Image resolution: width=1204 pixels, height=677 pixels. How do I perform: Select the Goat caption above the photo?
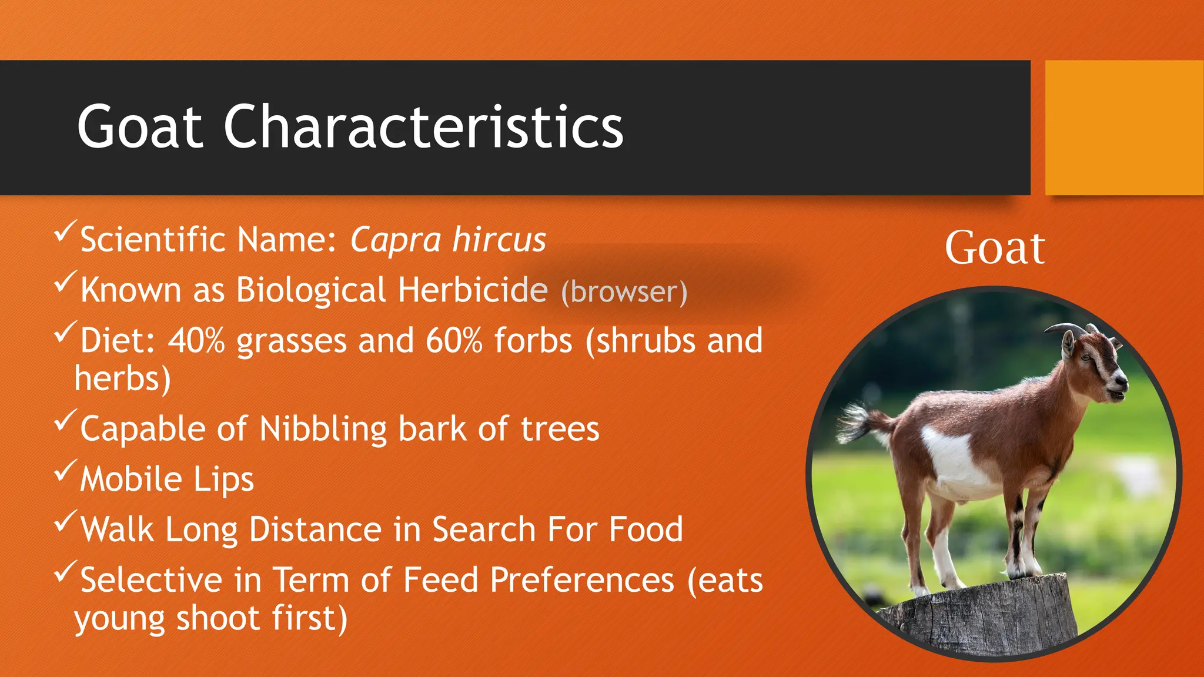995,248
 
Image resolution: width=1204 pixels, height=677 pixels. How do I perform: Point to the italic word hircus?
499,240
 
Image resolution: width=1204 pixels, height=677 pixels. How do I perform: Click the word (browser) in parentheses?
624,292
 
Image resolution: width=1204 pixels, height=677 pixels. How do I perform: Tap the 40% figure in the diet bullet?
196,341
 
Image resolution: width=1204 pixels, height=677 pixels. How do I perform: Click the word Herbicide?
473,290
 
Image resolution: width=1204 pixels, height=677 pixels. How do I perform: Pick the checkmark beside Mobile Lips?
65,470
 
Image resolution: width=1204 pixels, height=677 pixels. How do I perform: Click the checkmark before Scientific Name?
65,230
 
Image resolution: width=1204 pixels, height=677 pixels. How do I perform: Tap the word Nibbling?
323,430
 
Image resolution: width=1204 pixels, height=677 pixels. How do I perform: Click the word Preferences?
582,581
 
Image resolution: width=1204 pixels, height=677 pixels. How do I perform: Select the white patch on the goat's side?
952,458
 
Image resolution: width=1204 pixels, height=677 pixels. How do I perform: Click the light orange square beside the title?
1124,128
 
